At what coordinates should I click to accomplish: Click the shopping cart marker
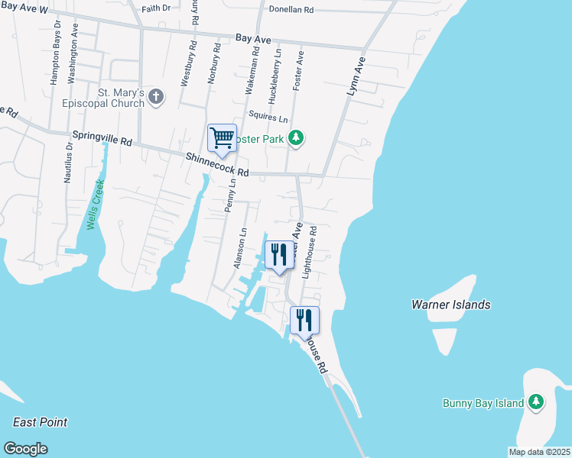click(222, 139)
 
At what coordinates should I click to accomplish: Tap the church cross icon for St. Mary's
click(156, 96)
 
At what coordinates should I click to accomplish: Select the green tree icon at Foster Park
click(296, 138)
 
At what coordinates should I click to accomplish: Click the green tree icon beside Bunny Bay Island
click(536, 402)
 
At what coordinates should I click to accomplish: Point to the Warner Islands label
click(450, 305)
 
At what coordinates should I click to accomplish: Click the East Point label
click(40, 422)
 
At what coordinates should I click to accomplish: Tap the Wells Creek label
click(93, 205)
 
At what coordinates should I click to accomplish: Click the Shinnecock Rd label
click(217, 164)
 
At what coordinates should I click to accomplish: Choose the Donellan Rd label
click(288, 11)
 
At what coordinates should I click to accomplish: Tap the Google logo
click(26, 448)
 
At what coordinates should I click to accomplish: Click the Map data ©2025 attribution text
click(538, 452)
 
